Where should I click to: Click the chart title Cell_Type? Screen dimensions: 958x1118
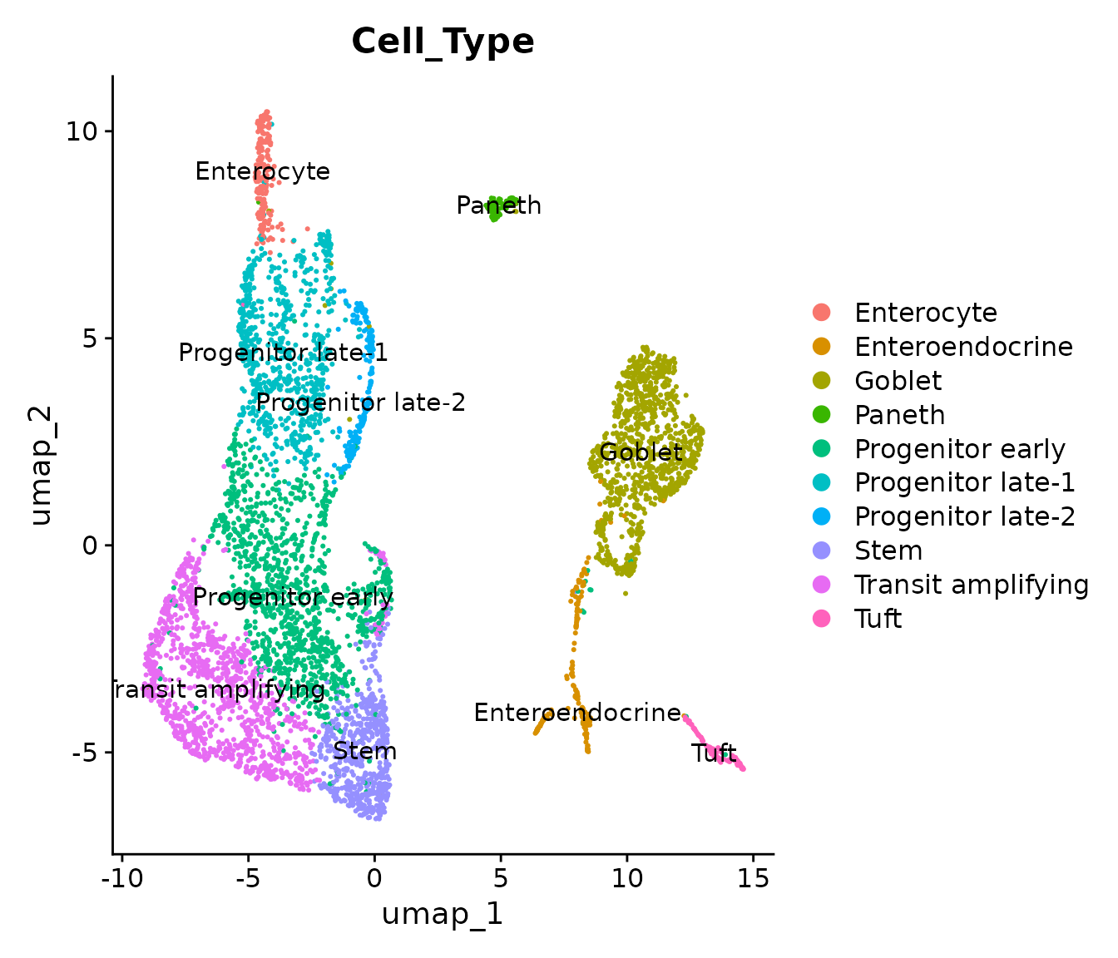click(443, 42)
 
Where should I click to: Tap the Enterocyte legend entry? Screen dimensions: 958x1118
click(925, 313)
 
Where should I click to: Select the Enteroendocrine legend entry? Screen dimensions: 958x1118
click(963, 347)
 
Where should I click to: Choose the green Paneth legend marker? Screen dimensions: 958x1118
click(822, 415)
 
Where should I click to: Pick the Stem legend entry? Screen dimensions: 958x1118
click(888, 551)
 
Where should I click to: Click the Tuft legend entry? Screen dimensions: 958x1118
click(878, 620)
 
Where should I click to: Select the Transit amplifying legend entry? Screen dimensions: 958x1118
click(971, 585)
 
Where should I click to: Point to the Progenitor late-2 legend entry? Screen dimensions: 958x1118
click(964, 517)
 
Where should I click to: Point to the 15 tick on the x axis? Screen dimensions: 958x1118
click(753, 878)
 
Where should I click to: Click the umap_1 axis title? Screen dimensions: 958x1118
click(443, 914)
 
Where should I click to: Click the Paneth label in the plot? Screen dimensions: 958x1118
click(499, 205)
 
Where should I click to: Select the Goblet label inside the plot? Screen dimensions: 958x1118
click(641, 452)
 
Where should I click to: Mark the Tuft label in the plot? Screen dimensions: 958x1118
click(714, 753)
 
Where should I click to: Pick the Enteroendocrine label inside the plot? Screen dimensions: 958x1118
click(577, 713)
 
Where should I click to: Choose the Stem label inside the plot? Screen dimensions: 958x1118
click(364, 752)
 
